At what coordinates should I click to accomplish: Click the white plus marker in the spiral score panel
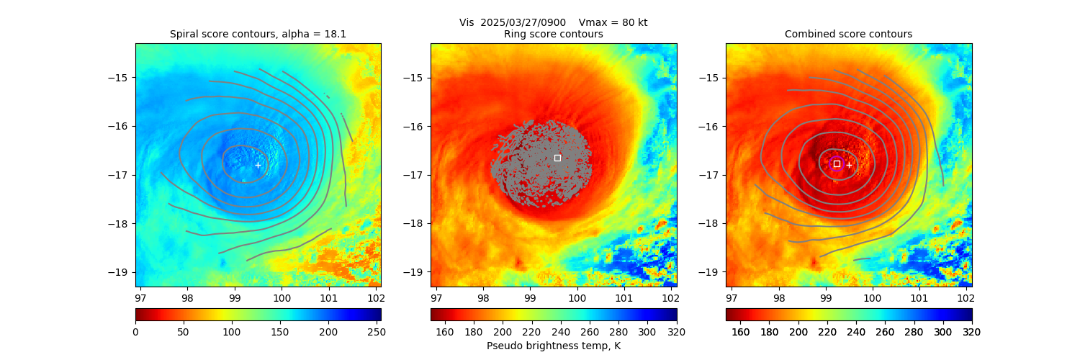click(x=258, y=165)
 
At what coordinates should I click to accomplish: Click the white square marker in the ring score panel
click(x=557, y=158)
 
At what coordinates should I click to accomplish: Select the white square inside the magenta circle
click(x=837, y=163)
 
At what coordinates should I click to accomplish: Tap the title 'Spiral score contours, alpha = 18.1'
click(x=258, y=34)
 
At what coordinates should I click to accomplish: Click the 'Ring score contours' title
click(x=554, y=34)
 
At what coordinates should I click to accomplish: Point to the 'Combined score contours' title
click(x=848, y=34)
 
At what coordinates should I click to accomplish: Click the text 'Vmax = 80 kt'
click(x=613, y=22)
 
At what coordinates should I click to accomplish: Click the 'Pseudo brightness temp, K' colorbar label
click(x=554, y=346)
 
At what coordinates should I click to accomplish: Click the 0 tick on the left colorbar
click(x=135, y=332)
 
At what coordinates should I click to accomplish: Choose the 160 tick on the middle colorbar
click(x=445, y=332)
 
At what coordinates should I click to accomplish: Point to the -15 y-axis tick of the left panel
click(x=123, y=78)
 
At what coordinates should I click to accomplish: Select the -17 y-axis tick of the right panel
click(x=714, y=175)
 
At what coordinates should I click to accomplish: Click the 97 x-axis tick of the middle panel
click(x=436, y=297)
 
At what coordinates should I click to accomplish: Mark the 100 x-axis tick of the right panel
click(x=872, y=297)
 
